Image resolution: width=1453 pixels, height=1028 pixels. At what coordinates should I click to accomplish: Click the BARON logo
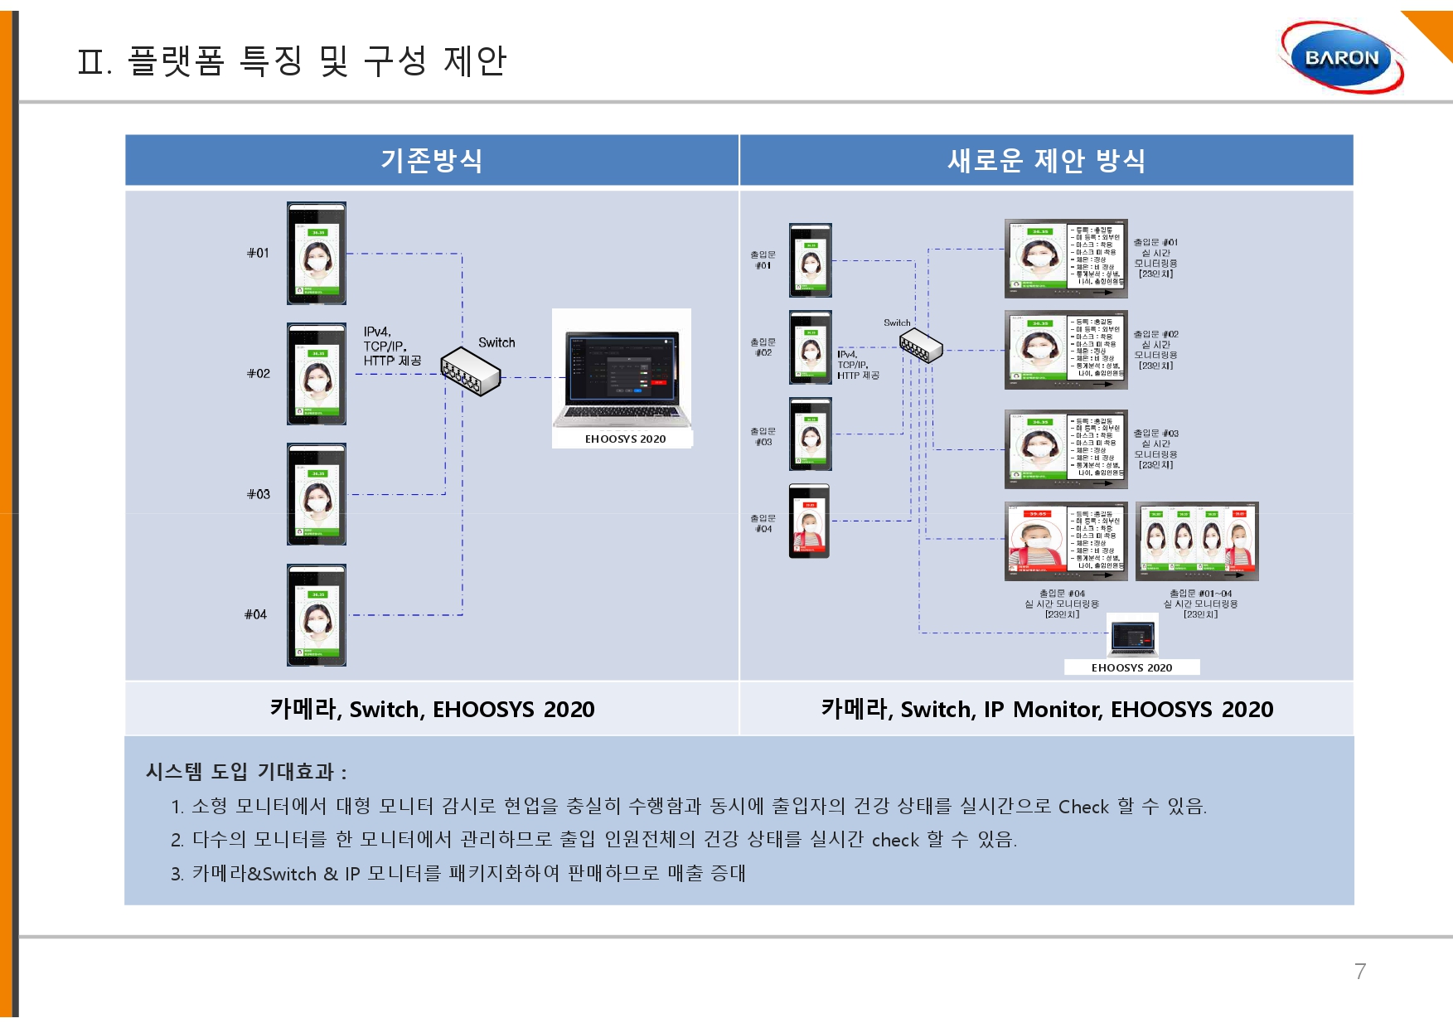[1341, 58]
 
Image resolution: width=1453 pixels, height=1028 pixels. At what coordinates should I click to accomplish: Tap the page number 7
[1360, 972]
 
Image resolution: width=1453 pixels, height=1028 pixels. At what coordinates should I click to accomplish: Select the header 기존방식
[431, 160]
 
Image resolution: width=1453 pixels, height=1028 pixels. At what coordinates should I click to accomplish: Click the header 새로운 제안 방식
[1046, 160]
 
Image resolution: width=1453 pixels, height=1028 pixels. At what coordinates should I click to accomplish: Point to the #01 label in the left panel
[258, 253]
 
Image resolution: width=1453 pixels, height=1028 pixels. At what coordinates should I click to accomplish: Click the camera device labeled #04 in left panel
[317, 614]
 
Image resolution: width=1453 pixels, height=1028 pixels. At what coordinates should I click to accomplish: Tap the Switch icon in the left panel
[470, 371]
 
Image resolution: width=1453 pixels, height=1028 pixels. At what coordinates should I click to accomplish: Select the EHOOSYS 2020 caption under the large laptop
[625, 439]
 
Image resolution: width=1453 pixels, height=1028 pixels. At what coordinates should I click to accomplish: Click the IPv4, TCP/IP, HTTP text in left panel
[392, 346]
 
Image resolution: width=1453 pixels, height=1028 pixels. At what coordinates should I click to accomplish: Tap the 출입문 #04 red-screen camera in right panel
[809, 521]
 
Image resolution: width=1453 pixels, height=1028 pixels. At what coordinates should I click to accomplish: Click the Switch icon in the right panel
[921, 345]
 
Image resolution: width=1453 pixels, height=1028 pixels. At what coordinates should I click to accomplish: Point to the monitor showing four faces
[1197, 540]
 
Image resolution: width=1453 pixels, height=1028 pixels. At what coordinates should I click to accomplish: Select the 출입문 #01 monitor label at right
[1155, 258]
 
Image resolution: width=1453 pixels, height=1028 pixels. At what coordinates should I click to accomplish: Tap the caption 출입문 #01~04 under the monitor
[1200, 604]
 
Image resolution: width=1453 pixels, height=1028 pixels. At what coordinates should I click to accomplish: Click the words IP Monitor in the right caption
[1047, 710]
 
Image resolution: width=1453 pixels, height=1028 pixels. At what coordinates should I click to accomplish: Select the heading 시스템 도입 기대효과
[245, 772]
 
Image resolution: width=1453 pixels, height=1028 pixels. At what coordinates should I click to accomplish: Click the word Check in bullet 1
[1083, 807]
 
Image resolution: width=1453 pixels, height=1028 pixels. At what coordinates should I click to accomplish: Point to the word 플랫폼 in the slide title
[176, 61]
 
